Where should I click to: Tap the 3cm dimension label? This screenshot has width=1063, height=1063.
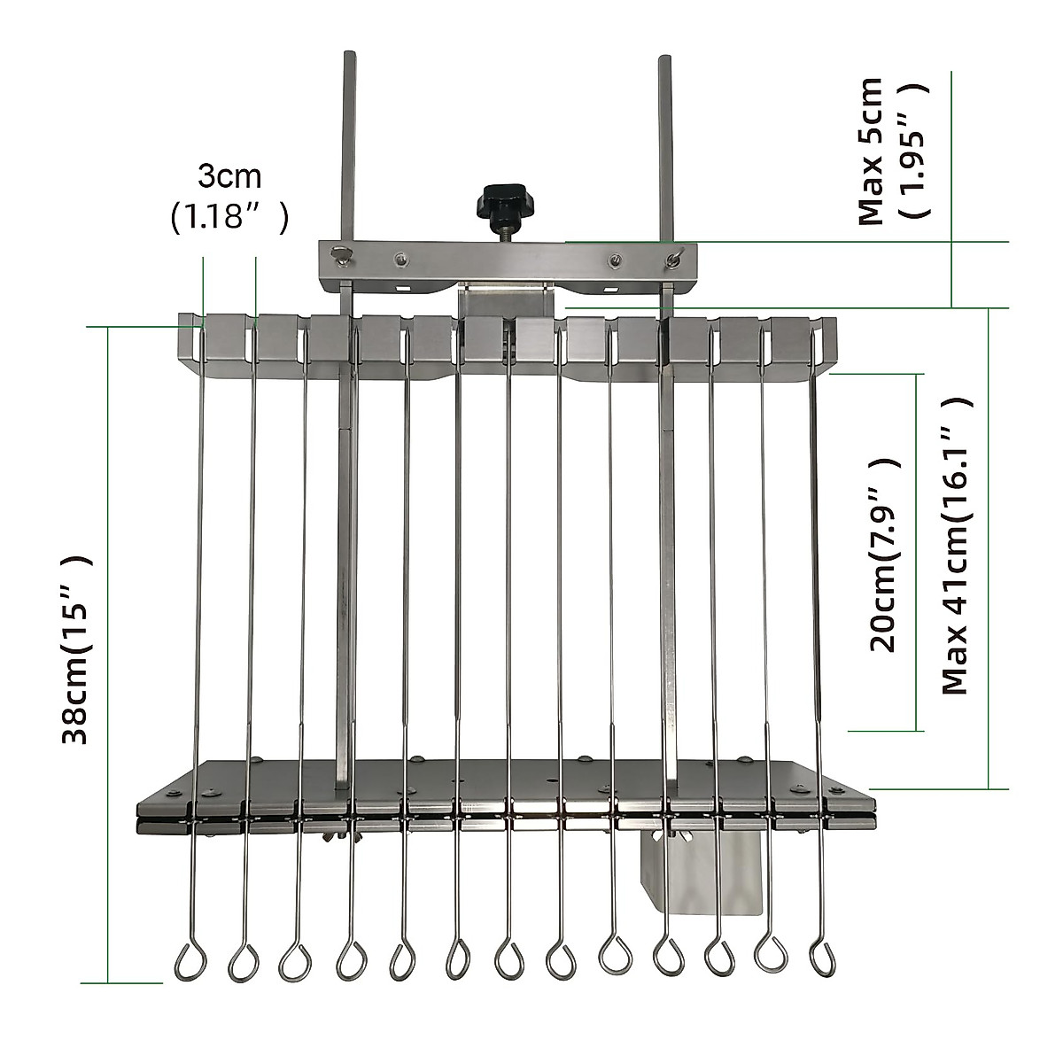point(229,176)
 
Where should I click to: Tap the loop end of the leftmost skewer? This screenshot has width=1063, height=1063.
point(190,961)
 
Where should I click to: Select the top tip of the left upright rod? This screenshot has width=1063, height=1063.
point(347,56)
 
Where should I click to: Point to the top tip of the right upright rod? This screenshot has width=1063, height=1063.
point(664,58)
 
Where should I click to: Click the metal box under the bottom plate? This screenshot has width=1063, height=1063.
point(701,873)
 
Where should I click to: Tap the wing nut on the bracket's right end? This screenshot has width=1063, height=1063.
point(676,258)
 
